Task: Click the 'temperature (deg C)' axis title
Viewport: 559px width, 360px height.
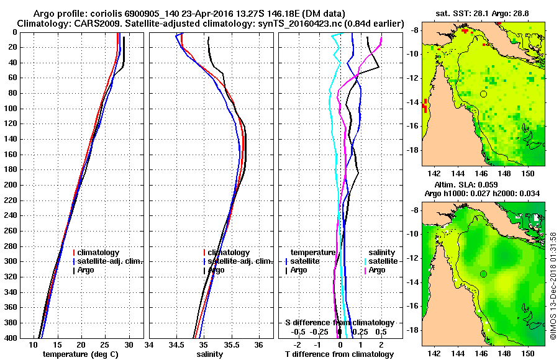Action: (81, 354)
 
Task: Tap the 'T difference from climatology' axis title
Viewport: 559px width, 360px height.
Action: (339, 354)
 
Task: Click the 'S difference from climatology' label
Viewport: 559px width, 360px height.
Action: (339, 323)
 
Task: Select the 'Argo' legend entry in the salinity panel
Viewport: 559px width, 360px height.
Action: (216, 270)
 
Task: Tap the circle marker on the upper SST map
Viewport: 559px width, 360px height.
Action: (483, 94)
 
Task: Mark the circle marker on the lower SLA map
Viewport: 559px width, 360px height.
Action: (483, 274)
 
